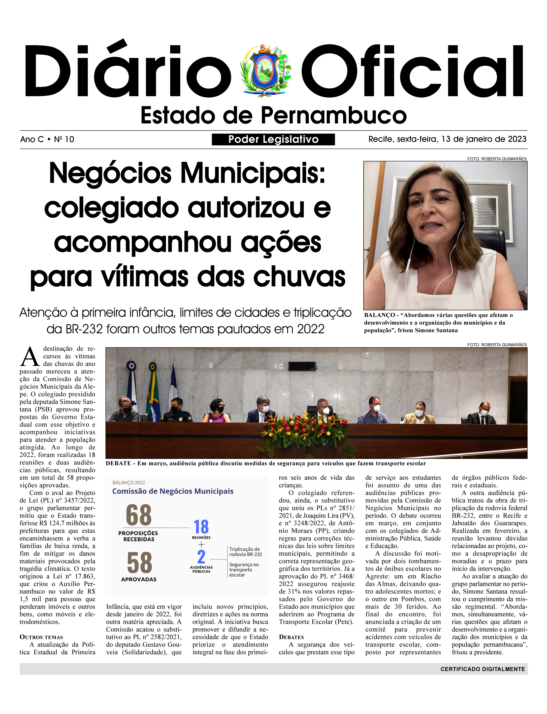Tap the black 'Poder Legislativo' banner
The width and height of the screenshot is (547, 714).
point(273,140)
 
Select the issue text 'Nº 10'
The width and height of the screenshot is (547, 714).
point(64,140)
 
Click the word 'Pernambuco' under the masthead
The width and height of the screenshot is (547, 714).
point(333,116)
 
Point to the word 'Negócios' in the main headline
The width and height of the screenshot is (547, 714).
point(110,173)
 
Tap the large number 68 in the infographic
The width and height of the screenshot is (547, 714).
point(139,515)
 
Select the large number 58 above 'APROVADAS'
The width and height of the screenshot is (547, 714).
point(139,563)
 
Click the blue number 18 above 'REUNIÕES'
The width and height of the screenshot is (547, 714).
point(201,527)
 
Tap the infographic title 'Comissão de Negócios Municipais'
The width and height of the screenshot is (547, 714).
point(173,491)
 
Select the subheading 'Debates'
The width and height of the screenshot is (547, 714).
point(291,637)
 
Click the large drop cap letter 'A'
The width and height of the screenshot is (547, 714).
point(30,357)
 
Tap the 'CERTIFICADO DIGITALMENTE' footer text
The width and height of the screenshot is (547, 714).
point(483,669)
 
